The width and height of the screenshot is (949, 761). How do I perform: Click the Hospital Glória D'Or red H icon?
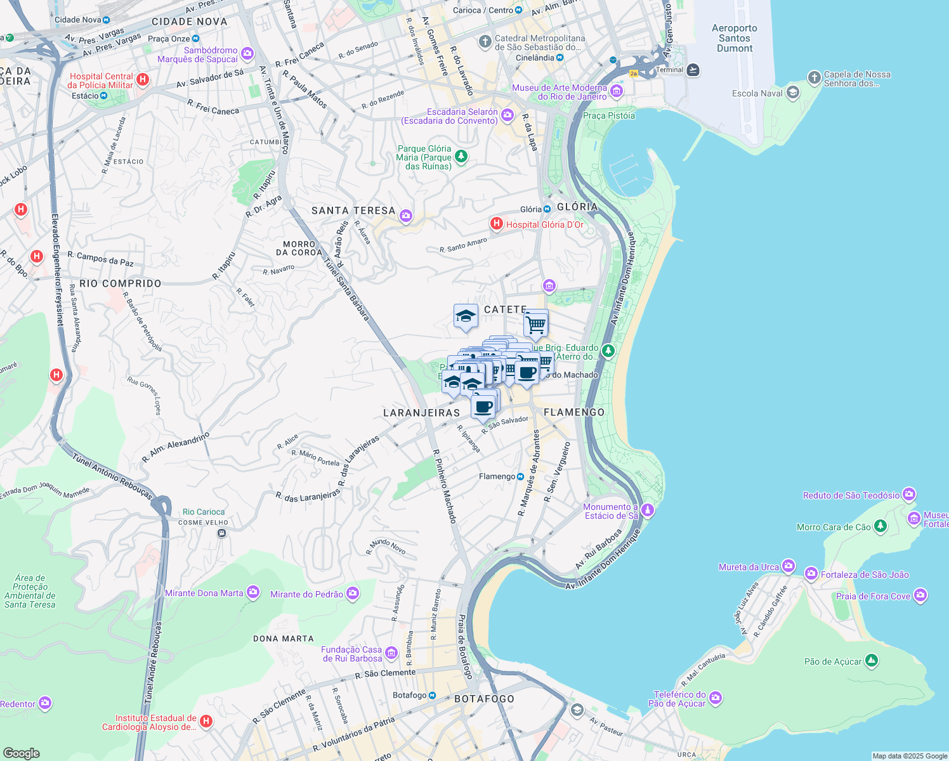(496, 224)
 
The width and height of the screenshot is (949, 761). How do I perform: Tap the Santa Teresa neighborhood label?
(353, 211)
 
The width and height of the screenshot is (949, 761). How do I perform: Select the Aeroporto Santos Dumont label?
(734, 38)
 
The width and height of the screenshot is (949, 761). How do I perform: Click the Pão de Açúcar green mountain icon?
(872, 661)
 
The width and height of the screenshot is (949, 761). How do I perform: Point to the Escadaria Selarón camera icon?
(507, 115)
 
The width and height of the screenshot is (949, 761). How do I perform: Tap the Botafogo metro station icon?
(432, 695)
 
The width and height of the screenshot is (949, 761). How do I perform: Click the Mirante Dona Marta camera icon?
(253, 593)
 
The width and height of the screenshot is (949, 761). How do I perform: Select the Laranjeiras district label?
(421, 413)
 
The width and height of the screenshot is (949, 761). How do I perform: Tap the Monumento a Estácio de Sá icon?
(648, 510)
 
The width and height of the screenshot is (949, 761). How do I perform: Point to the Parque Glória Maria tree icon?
(461, 156)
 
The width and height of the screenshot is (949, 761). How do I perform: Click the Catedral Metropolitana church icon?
(485, 42)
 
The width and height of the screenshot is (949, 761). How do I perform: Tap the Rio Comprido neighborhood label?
(121, 283)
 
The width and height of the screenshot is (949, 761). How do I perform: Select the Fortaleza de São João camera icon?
(811, 575)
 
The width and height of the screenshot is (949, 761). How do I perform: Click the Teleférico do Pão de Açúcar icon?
(716, 698)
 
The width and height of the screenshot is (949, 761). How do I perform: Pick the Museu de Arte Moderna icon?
(616, 92)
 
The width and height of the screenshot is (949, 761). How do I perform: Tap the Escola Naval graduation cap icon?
(792, 93)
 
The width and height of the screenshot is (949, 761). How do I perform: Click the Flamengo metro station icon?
(521, 476)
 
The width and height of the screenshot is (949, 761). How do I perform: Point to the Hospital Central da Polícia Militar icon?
(143, 80)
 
